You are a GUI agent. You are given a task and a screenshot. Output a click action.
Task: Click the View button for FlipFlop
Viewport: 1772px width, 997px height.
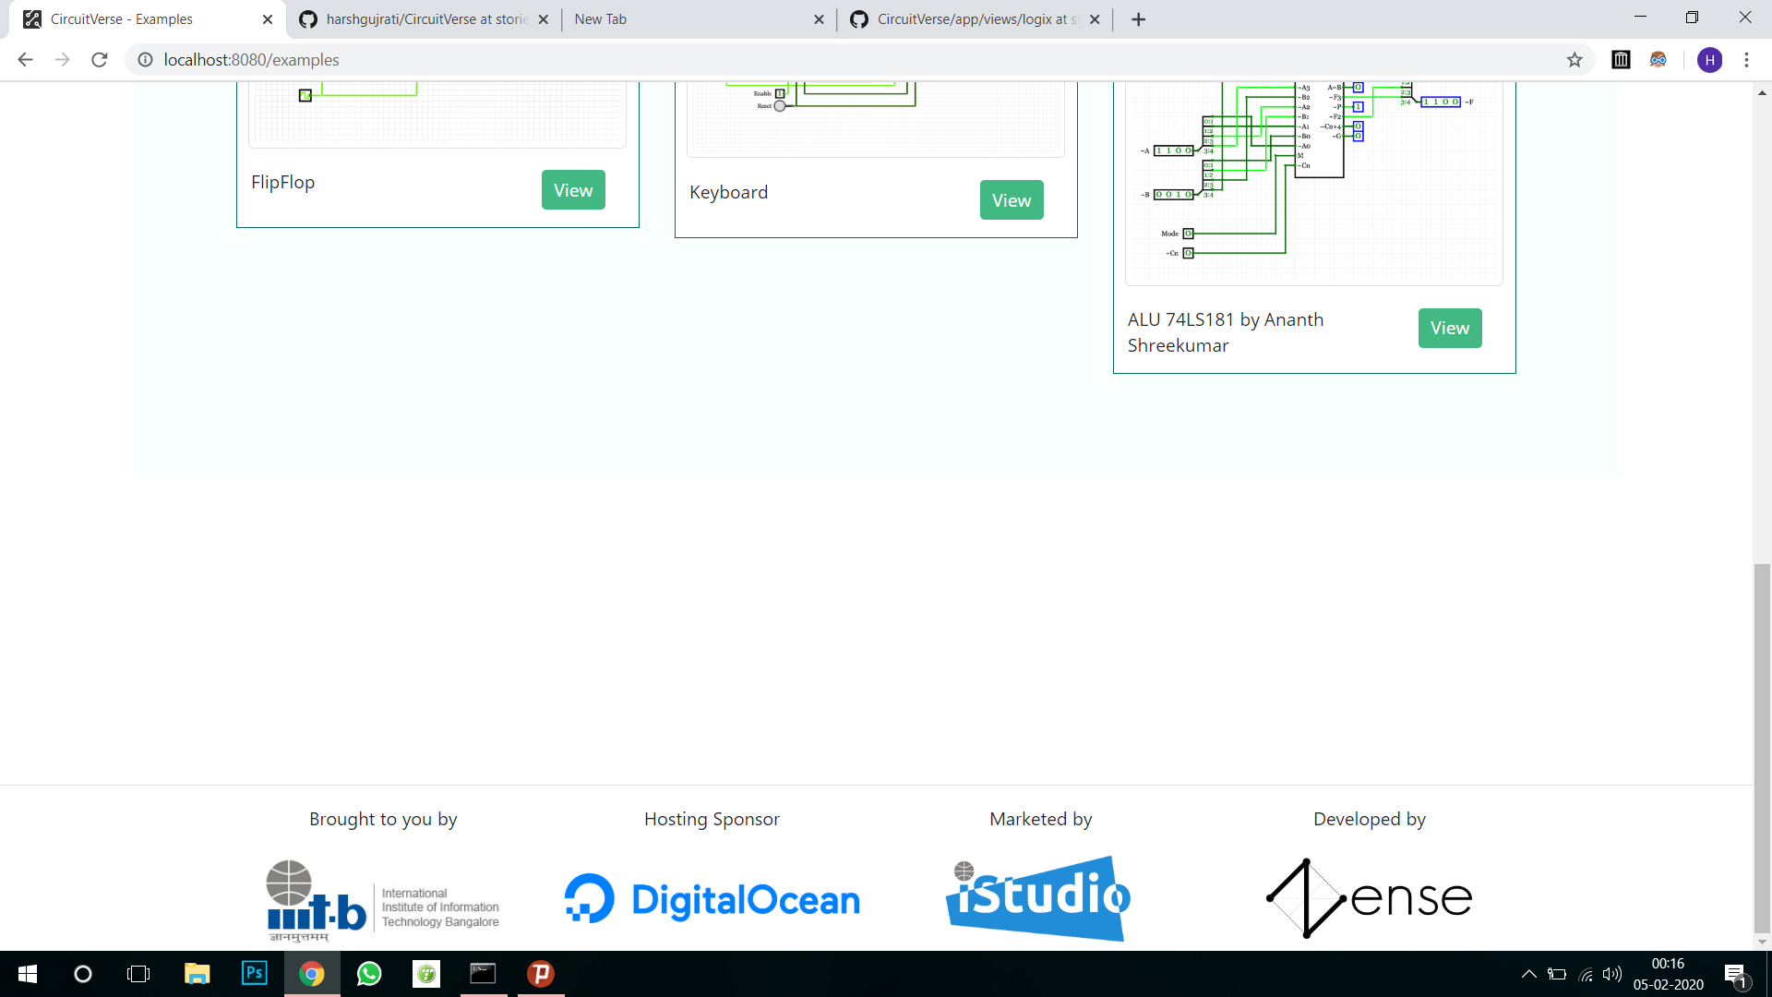coord(573,190)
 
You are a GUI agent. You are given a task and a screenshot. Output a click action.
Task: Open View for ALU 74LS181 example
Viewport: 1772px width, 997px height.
coord(1449,328)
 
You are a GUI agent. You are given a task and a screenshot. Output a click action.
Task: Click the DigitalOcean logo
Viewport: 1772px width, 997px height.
coord(712,899)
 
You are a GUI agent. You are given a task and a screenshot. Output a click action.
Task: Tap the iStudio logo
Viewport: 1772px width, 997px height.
coord(1038,897)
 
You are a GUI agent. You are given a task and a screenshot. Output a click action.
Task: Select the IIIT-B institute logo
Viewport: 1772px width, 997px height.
coord(382,901)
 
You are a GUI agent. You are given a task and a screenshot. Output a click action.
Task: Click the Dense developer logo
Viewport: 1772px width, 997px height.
coord(1369,897)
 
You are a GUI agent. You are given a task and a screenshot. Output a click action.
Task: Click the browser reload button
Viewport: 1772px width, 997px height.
coord(100,60)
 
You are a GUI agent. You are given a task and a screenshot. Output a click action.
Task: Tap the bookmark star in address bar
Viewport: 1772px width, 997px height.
coord(1574,60)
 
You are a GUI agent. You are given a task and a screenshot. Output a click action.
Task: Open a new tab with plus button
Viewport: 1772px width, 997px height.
coord(1139,19)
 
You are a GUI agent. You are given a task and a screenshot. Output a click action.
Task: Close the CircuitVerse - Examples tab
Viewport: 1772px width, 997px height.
coord(268,19)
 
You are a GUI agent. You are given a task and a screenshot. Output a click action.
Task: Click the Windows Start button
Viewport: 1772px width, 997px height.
coord(28,974)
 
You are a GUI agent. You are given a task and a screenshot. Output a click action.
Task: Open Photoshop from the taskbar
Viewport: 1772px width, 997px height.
coord(254,973)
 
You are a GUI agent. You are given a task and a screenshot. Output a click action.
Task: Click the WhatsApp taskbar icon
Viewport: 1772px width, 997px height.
coord(369,974)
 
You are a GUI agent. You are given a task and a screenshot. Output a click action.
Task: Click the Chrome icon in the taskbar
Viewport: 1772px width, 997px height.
coord(312,974)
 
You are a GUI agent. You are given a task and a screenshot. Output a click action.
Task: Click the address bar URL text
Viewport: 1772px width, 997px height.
coord(252,60)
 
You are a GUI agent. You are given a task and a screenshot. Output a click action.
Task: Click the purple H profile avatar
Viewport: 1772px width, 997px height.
coord(1709,60)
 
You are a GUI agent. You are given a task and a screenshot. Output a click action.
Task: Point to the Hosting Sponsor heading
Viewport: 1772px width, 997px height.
coord(712,819)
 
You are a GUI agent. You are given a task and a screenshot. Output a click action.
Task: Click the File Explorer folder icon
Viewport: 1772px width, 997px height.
coord(197,974)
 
